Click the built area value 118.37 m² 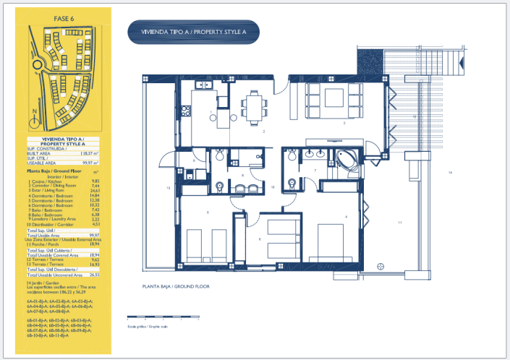click(x=88, y=154)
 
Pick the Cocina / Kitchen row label click(x=43, y=181)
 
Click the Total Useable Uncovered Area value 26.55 click(x=93, y=275)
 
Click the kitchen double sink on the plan click(x=203, y=86)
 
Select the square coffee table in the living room click(x=335, y=96)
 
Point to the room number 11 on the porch click(x=399, y=223)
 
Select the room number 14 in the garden click(x=449, y=172)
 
